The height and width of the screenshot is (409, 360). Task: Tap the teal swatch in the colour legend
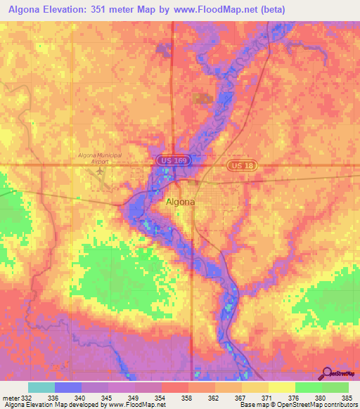41,387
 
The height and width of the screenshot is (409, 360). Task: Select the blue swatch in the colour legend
67,387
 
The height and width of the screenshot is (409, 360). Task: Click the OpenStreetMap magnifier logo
327,374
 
